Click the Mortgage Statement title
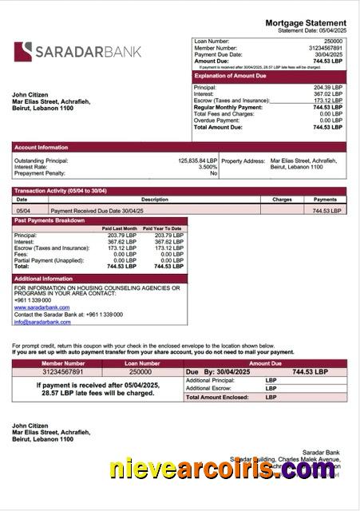tap(311, 23)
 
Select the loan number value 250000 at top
tap(333, 41)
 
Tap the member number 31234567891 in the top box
tap(322, 48)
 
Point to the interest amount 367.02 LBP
tap(327, 94)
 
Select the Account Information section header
tap(42, 147)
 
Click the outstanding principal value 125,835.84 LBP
tap(196, 160)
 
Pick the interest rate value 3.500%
tap(208, 167)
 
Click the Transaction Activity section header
tap(60, 191)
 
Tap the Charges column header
tap(282, 200)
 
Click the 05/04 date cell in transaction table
tap(23, 210)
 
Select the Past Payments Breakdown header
tap(49, 220)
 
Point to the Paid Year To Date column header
tap(162, 228)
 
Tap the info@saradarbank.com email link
tap(42, 322)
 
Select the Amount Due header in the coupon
tap(265, 362)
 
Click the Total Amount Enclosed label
tap(218, 397)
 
